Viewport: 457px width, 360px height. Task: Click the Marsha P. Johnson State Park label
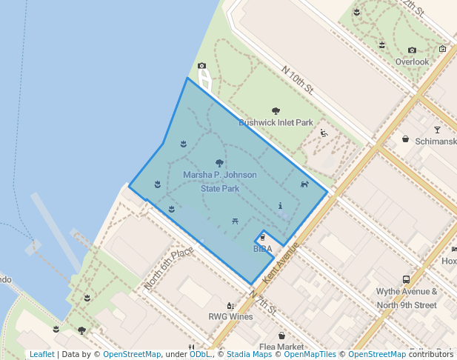(x=220, y=181)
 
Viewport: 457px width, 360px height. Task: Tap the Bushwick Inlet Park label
(x=276, y=123)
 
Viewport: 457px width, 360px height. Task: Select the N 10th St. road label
(x=298, y=80)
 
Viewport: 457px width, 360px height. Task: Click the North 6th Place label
(x=170, y=267)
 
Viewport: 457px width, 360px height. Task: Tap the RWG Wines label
(x=230, y=317)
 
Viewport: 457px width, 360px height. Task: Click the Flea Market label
(x=281, y=347)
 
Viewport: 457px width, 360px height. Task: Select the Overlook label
(x=412, y=62)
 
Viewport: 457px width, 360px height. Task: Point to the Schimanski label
(x=436, y=141)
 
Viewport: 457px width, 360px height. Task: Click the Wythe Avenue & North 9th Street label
(x=406, y=299)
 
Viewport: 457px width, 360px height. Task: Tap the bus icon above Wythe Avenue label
(x=406, y=279)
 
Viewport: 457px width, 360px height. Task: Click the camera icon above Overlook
(x=412, y=50)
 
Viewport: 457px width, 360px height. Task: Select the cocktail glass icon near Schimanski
(x=437, y=130)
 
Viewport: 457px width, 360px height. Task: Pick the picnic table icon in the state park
(x=235, y=220)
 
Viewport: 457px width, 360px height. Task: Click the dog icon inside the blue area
(x=304, y=184)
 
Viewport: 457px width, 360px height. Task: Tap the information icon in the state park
(x=280, y=205)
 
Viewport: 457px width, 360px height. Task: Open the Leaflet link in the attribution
(x=41, y=354)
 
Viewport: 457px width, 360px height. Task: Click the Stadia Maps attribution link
(x=248, y=354)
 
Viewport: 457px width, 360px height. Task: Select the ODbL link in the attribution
(x=199, y=354)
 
